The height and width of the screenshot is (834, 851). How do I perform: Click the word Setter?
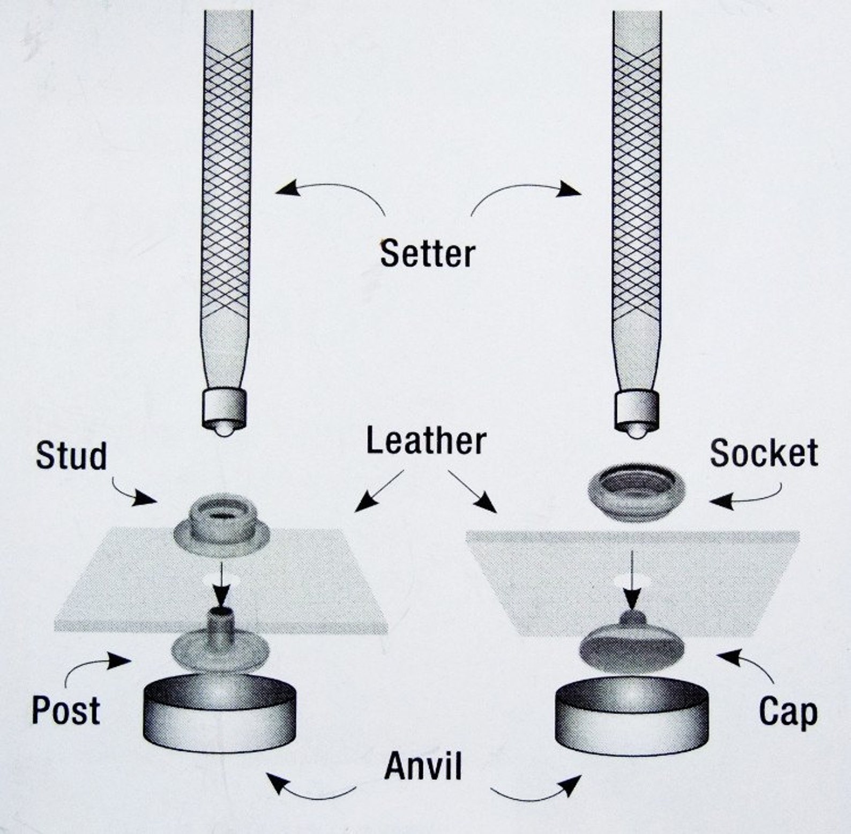427,254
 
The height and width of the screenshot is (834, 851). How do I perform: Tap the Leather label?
426,441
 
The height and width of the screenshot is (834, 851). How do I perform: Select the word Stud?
71,457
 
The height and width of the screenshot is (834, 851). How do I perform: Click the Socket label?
764,453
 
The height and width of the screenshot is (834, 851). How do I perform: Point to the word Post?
65,711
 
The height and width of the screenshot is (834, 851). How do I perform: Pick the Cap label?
788,713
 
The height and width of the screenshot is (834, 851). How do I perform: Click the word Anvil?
423,766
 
